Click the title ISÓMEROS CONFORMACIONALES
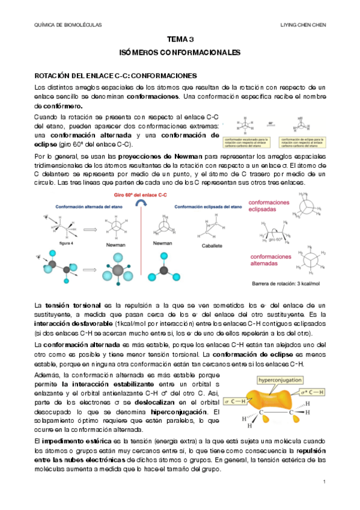click(x=180, y=53)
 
